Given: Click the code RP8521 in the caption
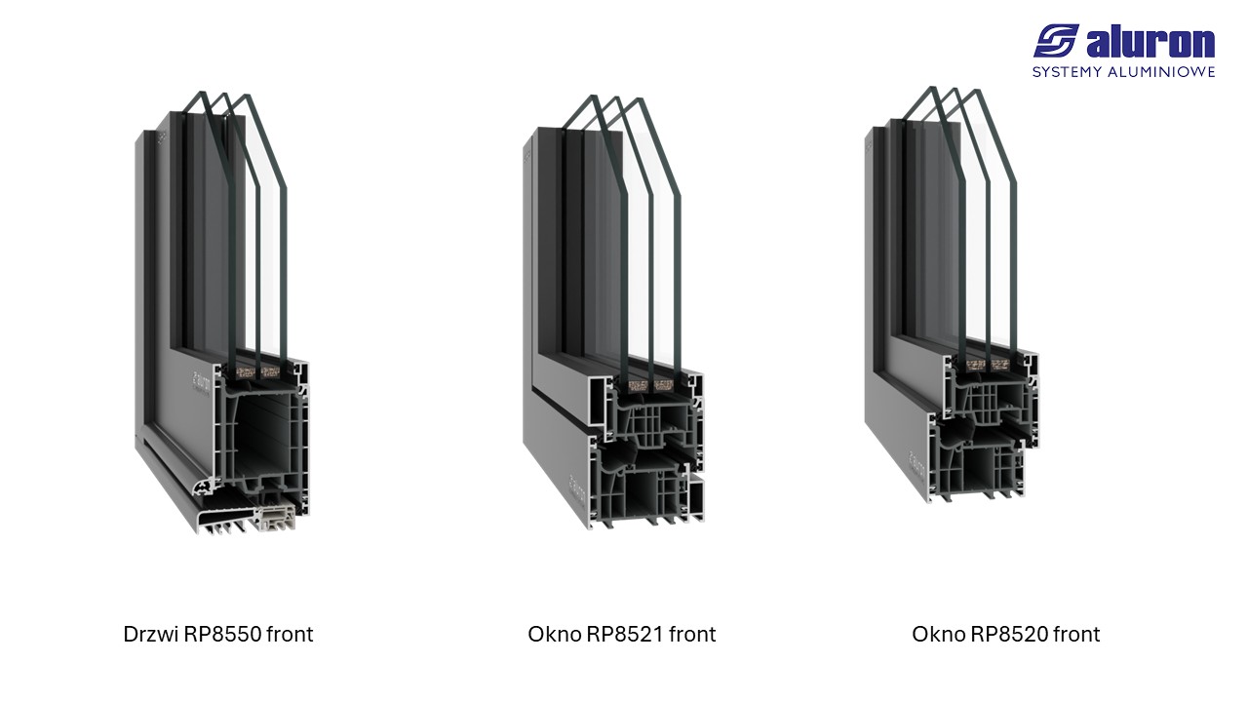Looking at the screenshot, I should (623, 635).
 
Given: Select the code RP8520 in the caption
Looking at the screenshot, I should (1007, 635).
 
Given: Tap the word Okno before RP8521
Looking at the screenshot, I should (554, 635).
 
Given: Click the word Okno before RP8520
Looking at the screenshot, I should (938, 635).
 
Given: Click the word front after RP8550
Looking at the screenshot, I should (291, 635).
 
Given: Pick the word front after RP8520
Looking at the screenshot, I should (1077, 635).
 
